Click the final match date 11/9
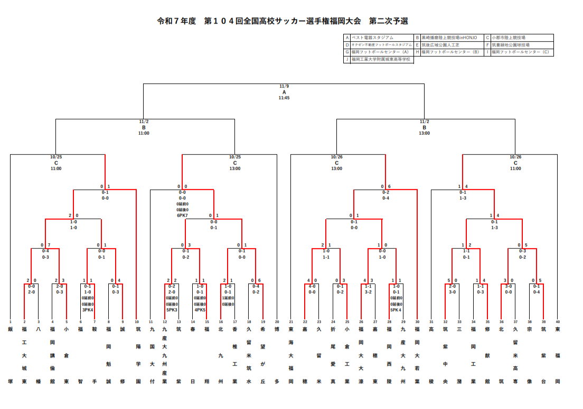coord(284,86)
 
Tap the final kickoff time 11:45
coord(284,98)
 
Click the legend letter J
coord(347,60)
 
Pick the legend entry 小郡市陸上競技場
coord(511,38)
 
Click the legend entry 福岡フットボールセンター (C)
coord(520,52)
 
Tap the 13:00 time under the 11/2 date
coord(424,133)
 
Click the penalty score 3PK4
coord(88,310)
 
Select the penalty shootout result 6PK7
coord(183,215)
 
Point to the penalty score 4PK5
coord(200,310)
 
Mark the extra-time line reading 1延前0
coord(228,298)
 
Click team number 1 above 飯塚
coord(10,321)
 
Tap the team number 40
coord(558,321)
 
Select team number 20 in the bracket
coord(277,321)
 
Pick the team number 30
coord(417,321)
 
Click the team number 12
coord(165,321)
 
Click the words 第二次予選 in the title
coord(389,21)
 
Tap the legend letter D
coord(347,45)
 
